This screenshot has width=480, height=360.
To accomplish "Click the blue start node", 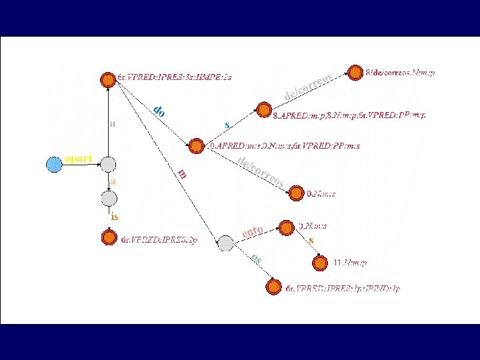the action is point(55,163).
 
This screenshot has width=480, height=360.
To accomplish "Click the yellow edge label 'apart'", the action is point(79,158).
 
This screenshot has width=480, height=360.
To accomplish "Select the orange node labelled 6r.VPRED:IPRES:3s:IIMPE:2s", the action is point(107,79).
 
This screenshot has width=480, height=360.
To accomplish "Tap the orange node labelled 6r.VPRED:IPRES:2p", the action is point(109,236).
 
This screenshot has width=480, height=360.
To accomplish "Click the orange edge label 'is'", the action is point(115,216).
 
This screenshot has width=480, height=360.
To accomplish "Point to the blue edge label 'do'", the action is point(159,111).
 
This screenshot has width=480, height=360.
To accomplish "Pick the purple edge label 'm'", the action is point(183,174).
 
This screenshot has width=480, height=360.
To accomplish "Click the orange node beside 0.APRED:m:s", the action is point(196,146).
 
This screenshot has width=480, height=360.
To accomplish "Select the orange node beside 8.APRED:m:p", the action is point(264,110).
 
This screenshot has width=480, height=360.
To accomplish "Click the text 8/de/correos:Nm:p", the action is point(400,73).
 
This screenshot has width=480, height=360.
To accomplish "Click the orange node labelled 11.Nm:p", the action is point(321,263).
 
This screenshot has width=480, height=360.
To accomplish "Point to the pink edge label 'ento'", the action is point(252,232).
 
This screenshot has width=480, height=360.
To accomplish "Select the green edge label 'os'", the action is point(257,259).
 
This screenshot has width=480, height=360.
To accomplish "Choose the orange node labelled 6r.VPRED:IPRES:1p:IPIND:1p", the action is point(273,287).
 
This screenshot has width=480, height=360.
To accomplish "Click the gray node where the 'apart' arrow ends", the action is point(108,164).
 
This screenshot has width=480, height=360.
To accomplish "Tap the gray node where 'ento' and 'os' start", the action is point(225,244).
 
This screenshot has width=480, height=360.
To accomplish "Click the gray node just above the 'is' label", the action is point(109,198).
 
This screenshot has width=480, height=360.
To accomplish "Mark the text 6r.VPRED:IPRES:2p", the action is point(159,239).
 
